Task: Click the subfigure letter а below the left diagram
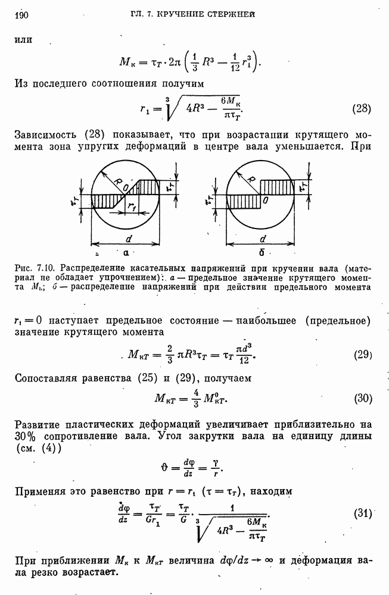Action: pyautogui.click(x=126, y=252)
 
